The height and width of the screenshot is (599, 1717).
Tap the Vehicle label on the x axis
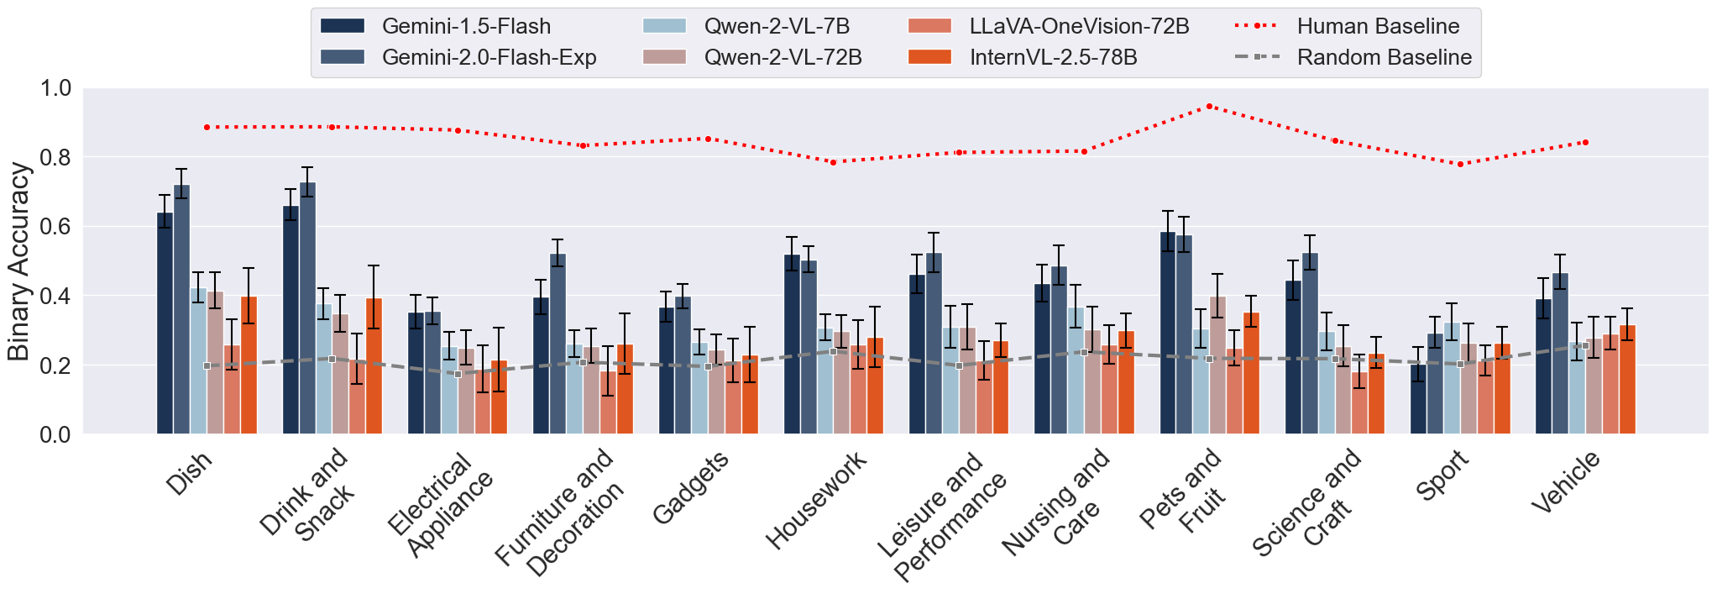click(x=1566, y=482)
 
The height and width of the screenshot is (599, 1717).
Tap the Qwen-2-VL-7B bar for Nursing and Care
click(x=1076, y=370)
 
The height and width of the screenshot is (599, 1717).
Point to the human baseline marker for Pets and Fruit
click(x=1209, y=107)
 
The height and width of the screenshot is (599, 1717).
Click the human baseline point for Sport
click(x=1460, y=164)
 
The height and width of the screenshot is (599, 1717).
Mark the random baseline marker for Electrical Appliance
click(x=458, y=374)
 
